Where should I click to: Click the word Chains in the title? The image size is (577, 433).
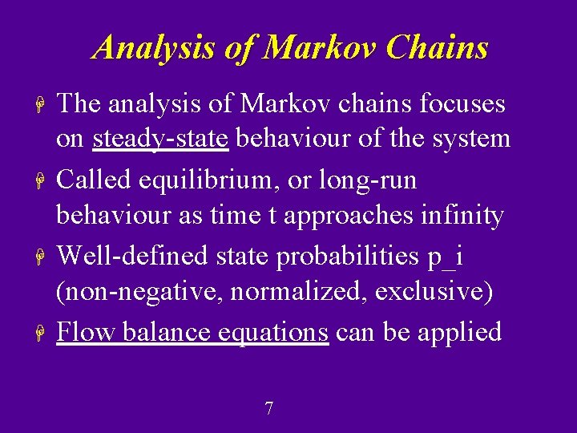pos(437,48)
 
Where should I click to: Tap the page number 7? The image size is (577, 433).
pos(268,409)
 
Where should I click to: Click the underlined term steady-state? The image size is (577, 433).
pos(161,139)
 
